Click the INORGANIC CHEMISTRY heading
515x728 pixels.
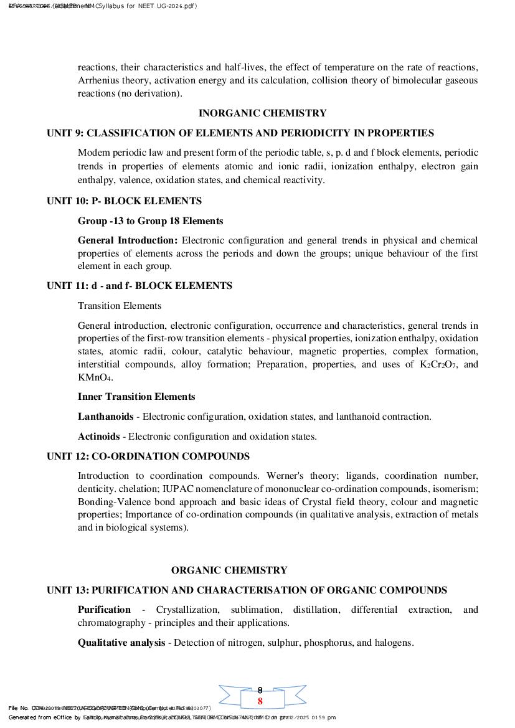point(262,113)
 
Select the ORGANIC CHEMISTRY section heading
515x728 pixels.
point(229,570)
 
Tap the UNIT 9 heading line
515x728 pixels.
point(240,133)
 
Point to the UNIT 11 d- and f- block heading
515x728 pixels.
point(139,286)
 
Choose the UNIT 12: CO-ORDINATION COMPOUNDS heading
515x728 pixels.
point(148,456)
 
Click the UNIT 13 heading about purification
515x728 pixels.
point(247,590)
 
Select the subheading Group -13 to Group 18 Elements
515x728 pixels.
point(150,221)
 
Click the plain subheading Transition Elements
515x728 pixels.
point(120,306)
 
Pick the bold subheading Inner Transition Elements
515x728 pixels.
point(136,397)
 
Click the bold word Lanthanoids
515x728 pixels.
point(105,417)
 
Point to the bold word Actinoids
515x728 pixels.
point(98,437)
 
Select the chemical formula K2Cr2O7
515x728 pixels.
point(439,365)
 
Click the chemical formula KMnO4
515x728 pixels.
point(94,378)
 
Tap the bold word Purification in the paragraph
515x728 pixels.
point(104,610)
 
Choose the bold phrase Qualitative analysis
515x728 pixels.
point(121,643)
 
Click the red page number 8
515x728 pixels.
point(260,701)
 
